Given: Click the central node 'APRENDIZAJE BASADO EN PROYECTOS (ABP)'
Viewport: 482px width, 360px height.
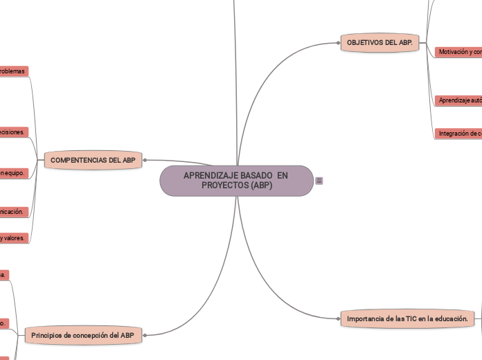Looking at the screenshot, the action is click(x=236, y=181).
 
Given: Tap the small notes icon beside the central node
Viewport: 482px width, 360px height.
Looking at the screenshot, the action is click(x=319, y=181).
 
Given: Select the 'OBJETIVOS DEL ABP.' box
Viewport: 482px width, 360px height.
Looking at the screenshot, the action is click(x=380, y=43).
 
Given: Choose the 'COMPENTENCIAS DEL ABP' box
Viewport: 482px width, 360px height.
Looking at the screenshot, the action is click(x=93, y=161).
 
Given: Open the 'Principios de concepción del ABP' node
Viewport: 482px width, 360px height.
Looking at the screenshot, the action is click(x=82, y=335).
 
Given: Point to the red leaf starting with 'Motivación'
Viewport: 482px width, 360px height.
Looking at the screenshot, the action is click(x=458, y=52).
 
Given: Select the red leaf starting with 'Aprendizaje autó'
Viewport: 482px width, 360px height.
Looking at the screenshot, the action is click(x=458, y=100).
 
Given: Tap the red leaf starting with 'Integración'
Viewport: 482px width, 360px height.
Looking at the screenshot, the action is click(x=458, y=133).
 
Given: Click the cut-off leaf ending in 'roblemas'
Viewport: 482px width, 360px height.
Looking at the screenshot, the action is click(x=14, y=71).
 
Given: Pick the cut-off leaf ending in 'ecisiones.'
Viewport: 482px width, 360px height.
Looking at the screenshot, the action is click(x=14, y=132).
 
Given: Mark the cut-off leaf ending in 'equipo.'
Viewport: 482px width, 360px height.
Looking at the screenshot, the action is click(x=14, y=173).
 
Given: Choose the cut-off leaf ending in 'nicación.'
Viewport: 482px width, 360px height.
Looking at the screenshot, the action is click(x=14, y=211).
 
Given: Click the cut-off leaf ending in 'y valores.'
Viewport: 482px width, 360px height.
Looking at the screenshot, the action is click(x=14, y=237).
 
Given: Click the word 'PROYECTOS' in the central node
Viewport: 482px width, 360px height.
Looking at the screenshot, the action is click(x=224, y=186).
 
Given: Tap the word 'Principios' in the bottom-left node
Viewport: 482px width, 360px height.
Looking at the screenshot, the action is click(x=48, y=335).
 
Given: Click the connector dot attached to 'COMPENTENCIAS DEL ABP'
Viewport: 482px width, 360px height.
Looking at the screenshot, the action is click(x=145, y=161).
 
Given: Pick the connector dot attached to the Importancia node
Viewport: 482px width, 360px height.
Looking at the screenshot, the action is click(x=339, y=318).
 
